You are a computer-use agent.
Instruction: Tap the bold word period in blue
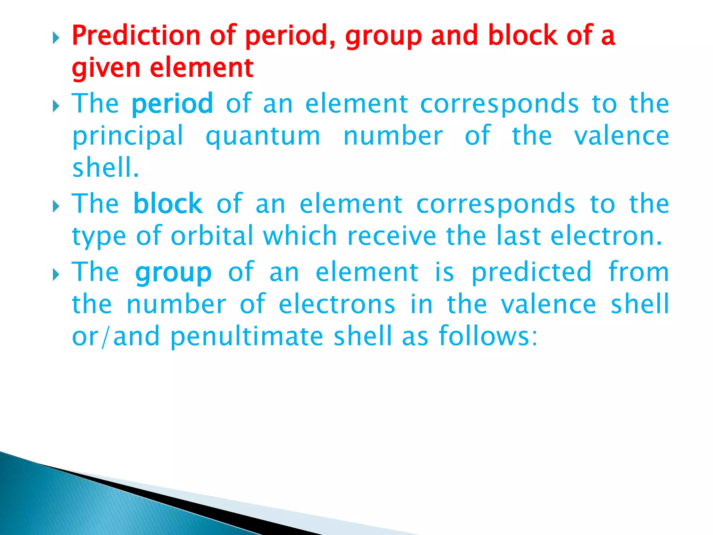(172, 104)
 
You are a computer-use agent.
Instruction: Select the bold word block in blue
(168, 204)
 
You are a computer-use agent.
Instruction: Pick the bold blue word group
(173, 273)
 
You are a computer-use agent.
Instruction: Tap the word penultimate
(247, 336)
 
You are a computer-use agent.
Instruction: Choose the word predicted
(531, 272)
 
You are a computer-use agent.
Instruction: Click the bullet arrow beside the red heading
(56, 38)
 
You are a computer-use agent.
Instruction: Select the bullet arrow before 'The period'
(56, 107)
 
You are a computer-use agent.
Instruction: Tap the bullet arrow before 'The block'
(56, 207)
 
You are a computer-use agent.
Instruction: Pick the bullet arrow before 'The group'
(56, 275)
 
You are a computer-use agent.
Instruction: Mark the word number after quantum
(393, 136)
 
